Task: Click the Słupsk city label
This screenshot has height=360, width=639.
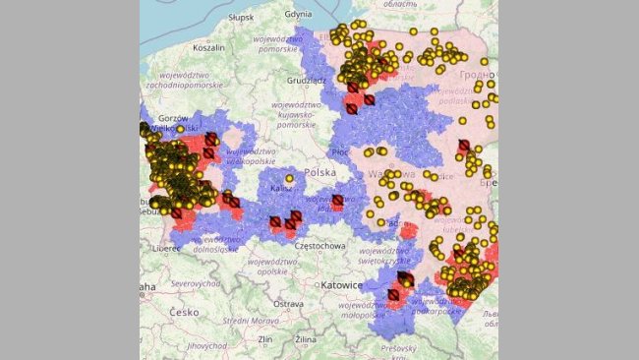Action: [x=240, y=18]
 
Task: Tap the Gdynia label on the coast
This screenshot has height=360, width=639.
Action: [x=298, y=15]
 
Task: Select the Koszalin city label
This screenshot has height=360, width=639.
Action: [x=208, y=46]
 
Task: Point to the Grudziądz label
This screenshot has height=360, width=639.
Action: [x=306, y=81]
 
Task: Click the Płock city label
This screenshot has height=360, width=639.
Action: [x=339, y=152]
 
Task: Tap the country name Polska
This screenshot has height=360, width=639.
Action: [x=320, y=172]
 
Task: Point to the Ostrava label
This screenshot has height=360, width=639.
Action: [x=288, y=304]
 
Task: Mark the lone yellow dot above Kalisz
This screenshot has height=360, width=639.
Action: [x=289, y=178]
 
